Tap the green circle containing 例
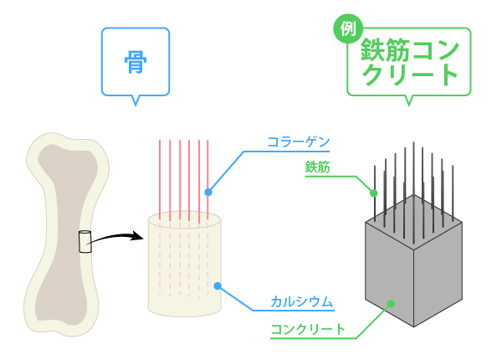click(x=348, y=28)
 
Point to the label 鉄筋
click(x=317, y=167)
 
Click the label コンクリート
click(x=307, y=329)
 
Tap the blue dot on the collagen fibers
click(x=208, y=192)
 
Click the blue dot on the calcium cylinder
click(x=218, y=286)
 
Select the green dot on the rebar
click(x=374, y=193)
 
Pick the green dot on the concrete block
click(x=391, y=303)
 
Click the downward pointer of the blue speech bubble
click(x=136, y=100)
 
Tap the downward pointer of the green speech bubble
click(x=409, y=100)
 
